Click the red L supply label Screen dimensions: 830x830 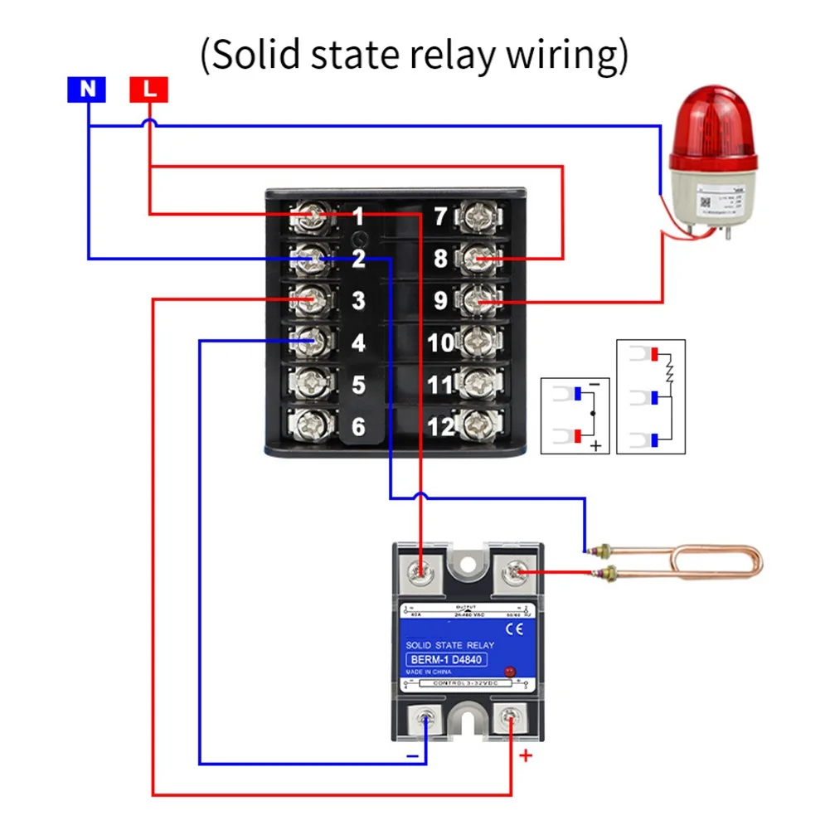point(149,89)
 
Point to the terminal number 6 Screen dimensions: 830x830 point(358,427)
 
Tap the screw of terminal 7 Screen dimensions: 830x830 point(478,218)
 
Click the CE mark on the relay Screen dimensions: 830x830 point(515,629)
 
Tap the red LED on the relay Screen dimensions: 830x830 point(510,669)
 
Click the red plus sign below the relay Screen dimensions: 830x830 point(525,755)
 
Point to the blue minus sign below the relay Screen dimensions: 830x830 point(411,756)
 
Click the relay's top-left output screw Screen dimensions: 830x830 point(422,571)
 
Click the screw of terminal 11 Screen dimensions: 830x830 point(478,383)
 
